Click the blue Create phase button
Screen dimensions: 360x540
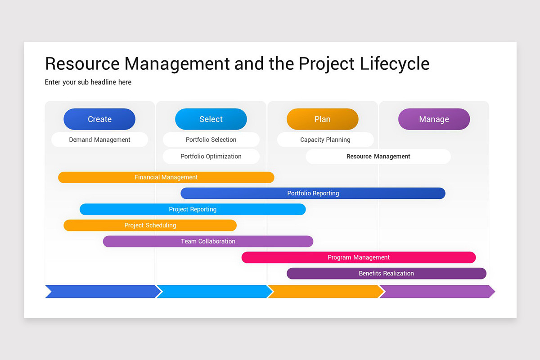tap(99, 119)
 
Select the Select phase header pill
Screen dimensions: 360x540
tap(211, 119)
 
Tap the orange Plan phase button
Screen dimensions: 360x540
tap(323, 119)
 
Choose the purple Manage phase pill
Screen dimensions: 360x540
tap(434, 119)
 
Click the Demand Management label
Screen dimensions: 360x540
tap(99, 139)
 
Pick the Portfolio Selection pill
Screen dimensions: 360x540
tap(211, 139)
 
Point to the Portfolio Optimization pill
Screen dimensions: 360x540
tap(211, 157)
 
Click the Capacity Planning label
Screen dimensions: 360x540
tap(325, 139)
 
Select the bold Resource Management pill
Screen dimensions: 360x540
tap(378, 157)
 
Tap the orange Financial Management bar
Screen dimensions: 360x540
tap(166, 177)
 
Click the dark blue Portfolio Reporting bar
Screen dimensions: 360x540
tap(313, 193)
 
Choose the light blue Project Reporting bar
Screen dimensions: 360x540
tap(193, 209)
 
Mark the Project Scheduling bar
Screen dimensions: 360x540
tap(150, 225)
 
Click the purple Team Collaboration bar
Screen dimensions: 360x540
tap(208, 242)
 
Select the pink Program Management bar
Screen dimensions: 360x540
tap(359, 257)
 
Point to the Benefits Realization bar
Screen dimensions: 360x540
tap(386, 274)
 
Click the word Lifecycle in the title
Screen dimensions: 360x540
tap(394, 64)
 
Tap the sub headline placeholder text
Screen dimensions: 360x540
tap(88, 82)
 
